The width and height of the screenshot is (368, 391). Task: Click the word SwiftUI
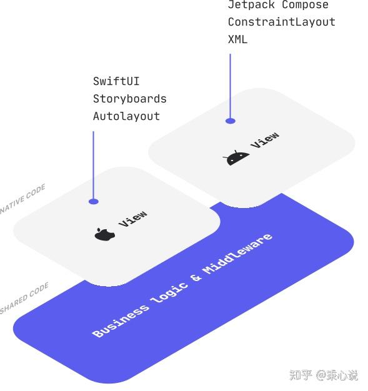point(116,81)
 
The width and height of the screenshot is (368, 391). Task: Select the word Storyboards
point(130,99)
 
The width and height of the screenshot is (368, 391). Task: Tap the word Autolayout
point(126,116)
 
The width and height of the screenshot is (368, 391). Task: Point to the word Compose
point(305,5)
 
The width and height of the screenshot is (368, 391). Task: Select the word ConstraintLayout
point(281,22)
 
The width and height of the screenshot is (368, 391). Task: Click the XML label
point(237,39)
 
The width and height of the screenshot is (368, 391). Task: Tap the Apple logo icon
point(105,234)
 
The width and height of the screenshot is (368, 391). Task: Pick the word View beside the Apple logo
point(133,219)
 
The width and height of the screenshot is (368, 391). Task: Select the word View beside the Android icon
point(265,140)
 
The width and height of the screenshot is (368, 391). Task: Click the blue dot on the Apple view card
point(94,201)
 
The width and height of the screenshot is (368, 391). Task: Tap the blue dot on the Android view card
point(231,121)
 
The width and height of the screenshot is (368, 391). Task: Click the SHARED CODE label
point(24,299)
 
